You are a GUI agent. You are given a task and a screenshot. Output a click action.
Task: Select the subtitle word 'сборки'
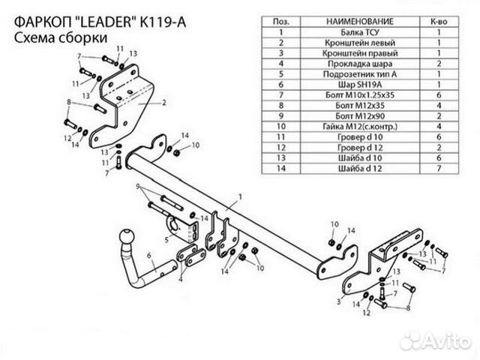(x=82, y=37)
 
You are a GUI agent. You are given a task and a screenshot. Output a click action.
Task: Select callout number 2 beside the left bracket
(x=163, y=100)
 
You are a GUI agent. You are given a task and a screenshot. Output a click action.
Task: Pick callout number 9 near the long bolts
(x=138, y=184)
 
